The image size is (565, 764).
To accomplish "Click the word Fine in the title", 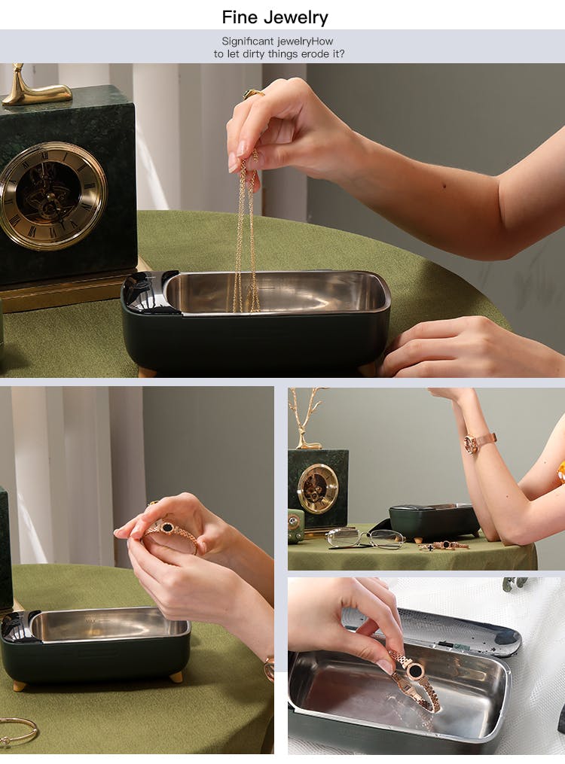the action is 240,17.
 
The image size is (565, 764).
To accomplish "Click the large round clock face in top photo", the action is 52,196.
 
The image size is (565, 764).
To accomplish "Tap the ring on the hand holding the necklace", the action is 253,93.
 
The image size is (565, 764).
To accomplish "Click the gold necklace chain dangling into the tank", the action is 246,234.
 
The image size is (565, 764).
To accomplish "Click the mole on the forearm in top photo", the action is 443,186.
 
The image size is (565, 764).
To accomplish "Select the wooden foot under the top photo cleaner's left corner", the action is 147,373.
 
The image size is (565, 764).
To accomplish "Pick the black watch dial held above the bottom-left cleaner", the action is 169,527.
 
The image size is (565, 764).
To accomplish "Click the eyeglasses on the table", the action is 365,539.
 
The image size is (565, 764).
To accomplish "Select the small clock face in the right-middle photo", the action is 318,488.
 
